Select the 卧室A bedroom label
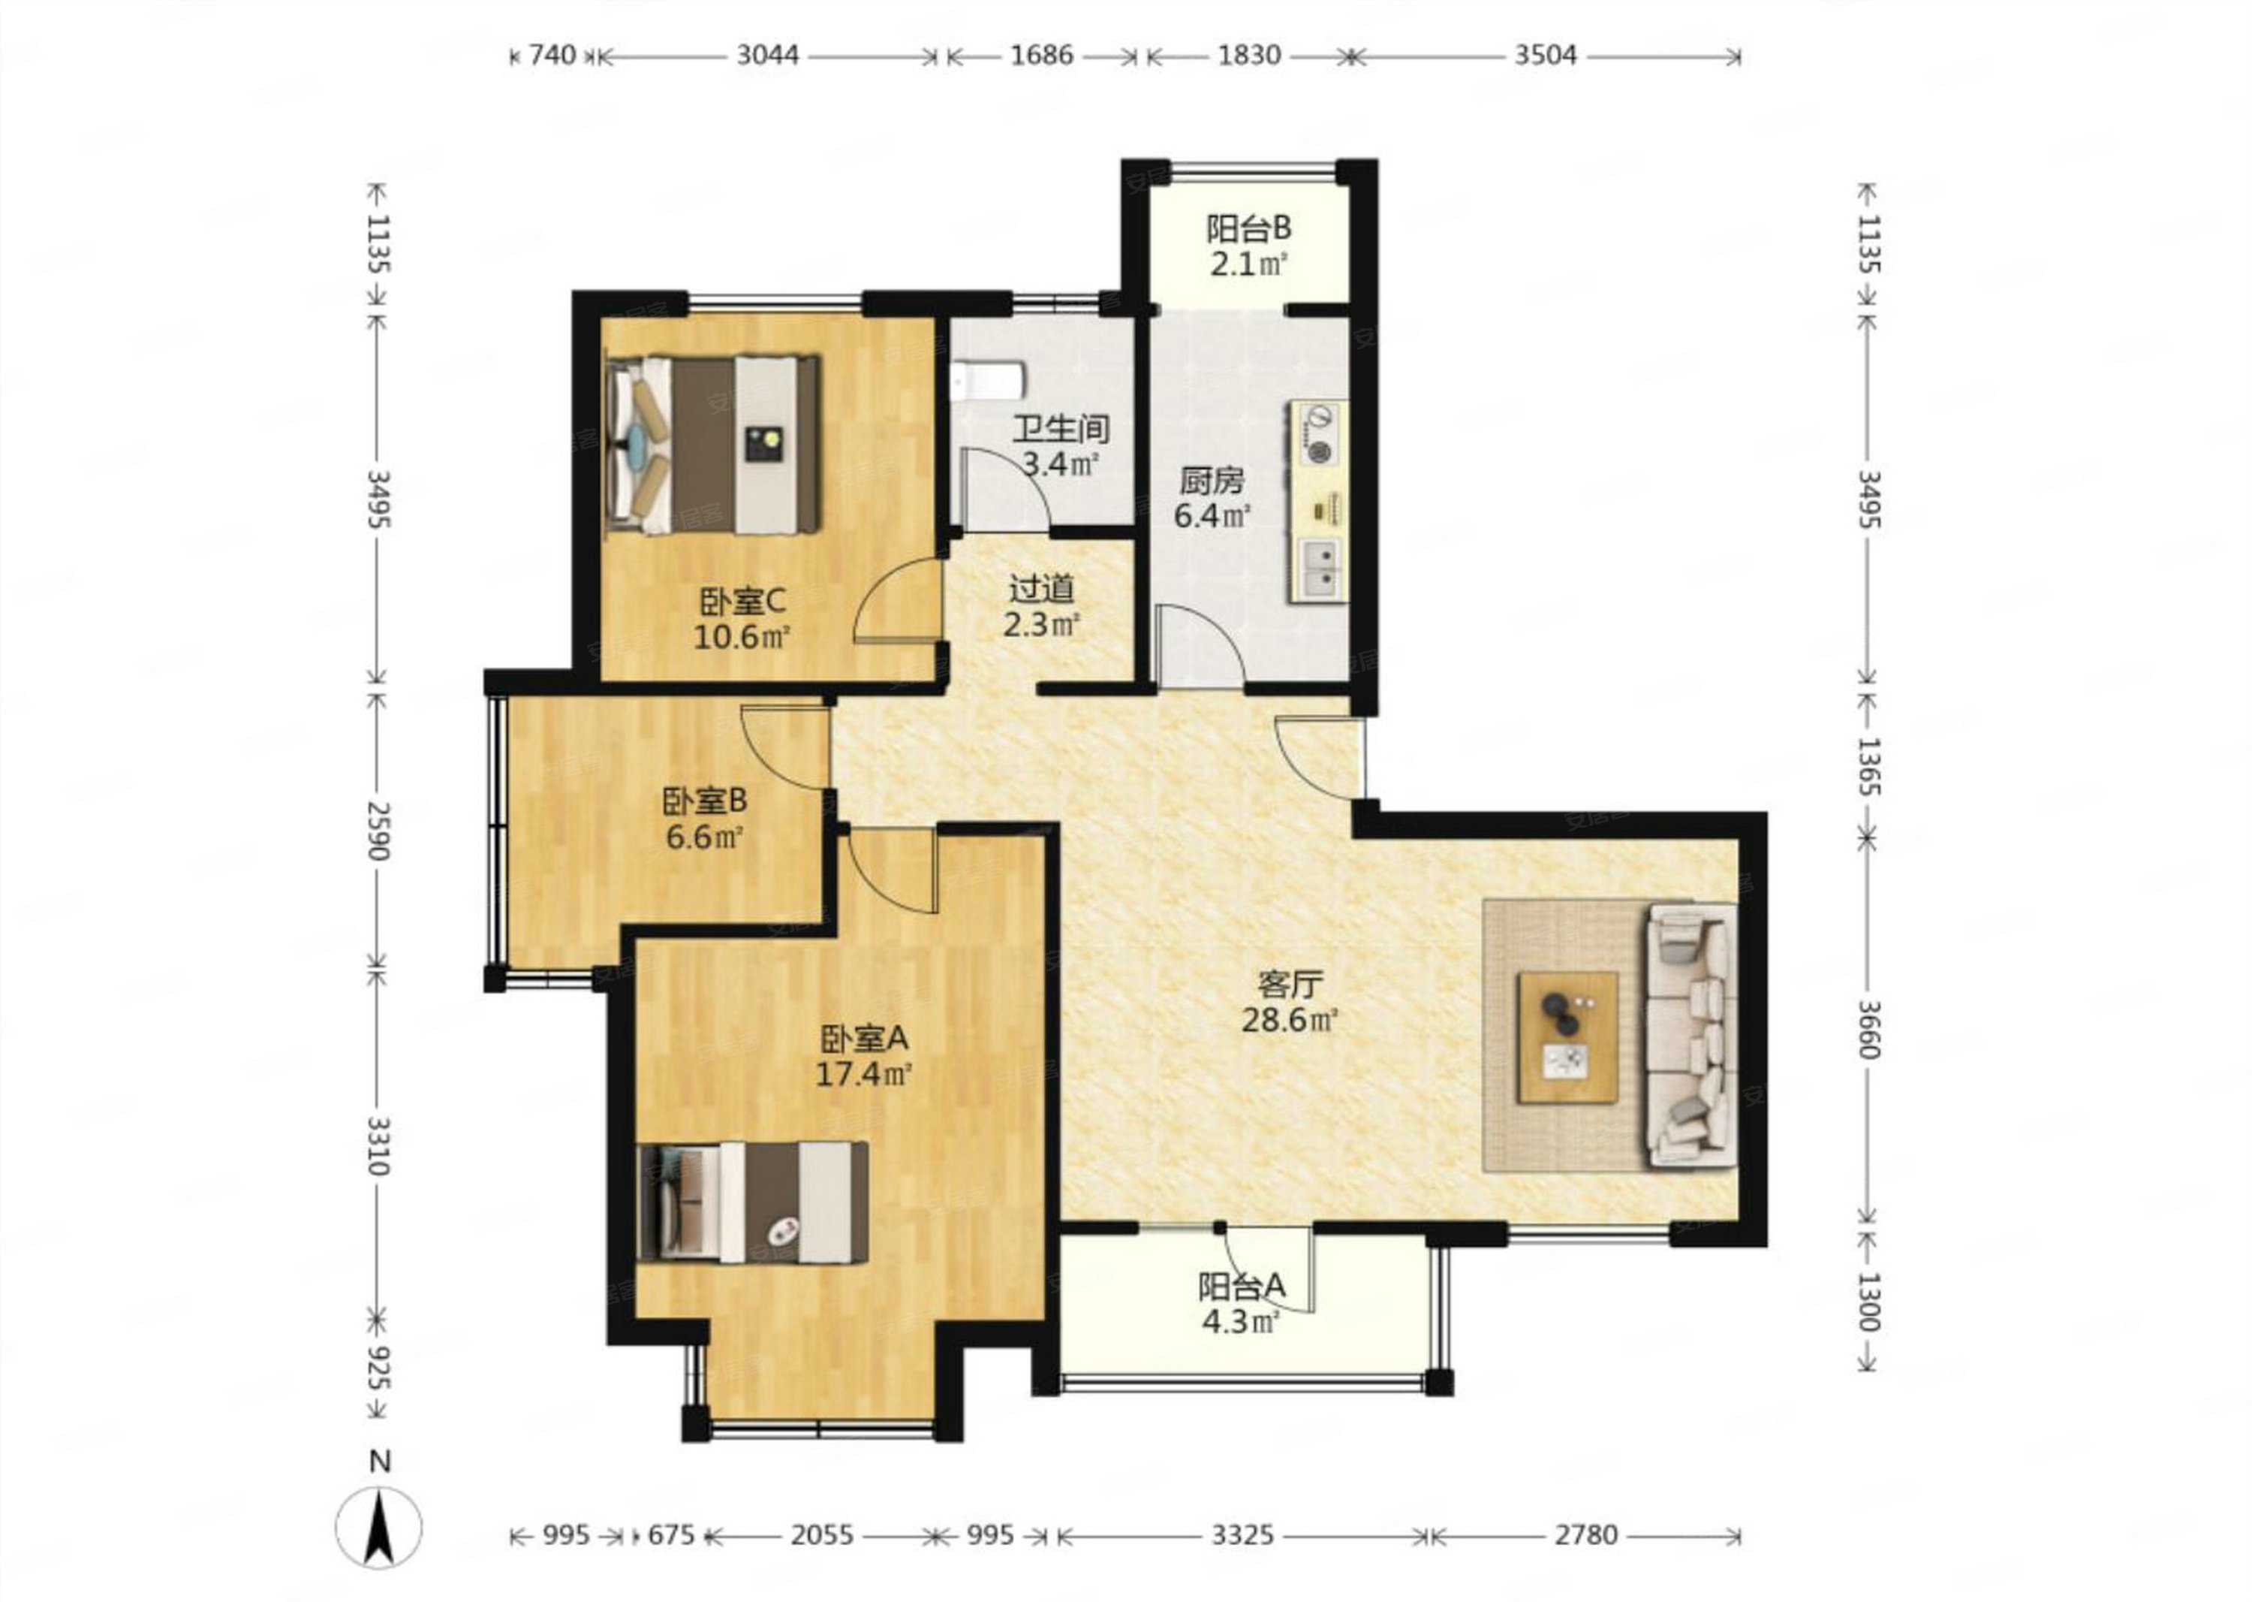(864, 1038)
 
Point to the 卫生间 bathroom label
(1061, 429)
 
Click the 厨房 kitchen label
(1212, 481)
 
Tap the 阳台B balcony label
(1248, 229)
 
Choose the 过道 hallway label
(1041, 589)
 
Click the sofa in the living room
(1690, 1035)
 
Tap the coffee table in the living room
(1567, 1036)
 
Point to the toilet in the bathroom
(988, 380)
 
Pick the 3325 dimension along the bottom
(1242, 1535)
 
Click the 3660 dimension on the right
(1868, 1030)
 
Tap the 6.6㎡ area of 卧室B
(704, 837)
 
